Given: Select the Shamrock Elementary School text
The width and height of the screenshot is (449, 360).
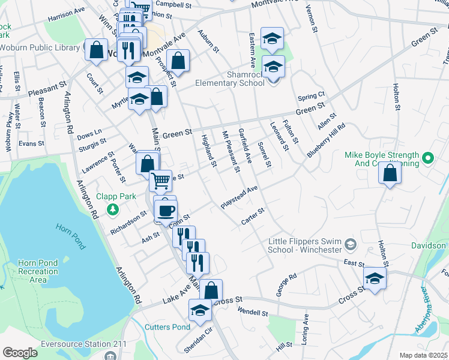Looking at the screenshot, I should (x=230, y=79).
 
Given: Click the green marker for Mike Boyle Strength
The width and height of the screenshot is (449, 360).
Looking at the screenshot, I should (x=427, y=159).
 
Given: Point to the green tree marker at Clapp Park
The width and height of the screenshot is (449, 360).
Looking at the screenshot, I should (x=112, y=209).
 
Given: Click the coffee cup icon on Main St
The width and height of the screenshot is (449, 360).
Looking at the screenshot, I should (x=166, y=211).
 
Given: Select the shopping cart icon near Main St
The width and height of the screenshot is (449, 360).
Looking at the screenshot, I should (x=160, y=179).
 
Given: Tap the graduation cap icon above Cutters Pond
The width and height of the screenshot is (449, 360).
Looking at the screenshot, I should (x=200, y=310).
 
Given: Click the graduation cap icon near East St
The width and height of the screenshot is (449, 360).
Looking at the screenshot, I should (x=375, y=278).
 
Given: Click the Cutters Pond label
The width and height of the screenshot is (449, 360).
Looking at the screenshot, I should (x=167, y=327).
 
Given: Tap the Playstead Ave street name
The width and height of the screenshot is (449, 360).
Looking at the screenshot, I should (x=239, y=197).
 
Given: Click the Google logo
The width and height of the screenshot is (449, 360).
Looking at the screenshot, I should (x=20, y=353).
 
